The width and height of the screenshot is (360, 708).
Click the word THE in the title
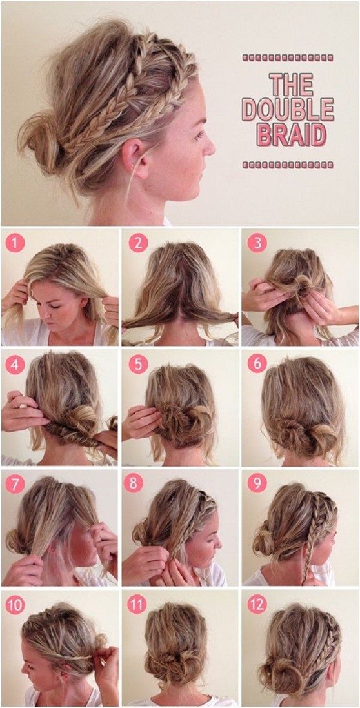pos(288,84)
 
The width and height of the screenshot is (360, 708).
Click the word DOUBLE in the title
pos(288,109)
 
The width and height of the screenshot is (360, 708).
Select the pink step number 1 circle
pos(15,243)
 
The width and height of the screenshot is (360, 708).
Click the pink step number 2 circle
pos(137,243)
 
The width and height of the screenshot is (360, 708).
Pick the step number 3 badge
pos(257,243)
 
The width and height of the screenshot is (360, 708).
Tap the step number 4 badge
pos(15,363)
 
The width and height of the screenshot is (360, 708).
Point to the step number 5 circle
pos(137,363)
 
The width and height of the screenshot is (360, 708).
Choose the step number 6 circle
pos(257,363)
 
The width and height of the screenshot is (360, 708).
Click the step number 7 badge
pos(15,483)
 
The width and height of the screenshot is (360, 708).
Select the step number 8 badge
pos(137,483)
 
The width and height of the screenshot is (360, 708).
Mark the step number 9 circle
pos(257,483)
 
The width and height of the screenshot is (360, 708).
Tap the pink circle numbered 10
pos(15,604)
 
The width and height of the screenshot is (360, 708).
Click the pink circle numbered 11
pos(137,604)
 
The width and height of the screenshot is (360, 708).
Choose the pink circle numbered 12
pos(257,604)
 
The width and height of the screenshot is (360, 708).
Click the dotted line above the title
pos(288,58)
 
